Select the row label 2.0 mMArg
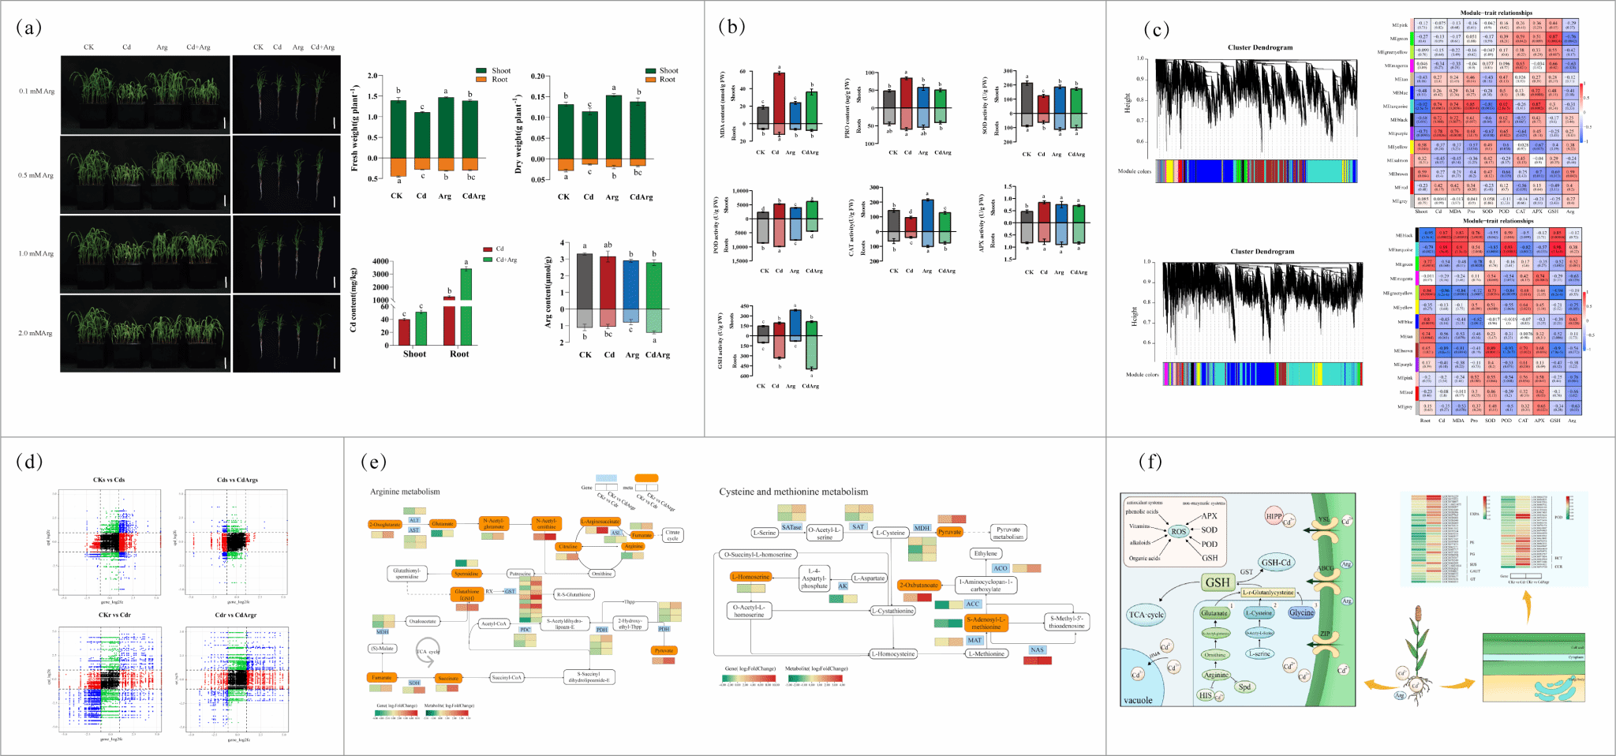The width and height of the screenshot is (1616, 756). (x=36, y=333)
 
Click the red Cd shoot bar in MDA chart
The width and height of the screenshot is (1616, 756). (x=779, y=98)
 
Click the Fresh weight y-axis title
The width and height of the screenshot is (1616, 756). (x=355, y=130)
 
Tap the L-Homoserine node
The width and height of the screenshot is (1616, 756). (x=750, y=577)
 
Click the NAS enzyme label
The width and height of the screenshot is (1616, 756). (x=1037, y=650)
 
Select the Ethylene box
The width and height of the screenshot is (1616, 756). (x=986, y=553)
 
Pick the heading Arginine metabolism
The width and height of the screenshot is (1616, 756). (x=405, y=492)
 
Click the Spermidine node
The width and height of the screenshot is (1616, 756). (x=466, y=574)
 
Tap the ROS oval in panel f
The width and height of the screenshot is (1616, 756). (x=1178, y=531)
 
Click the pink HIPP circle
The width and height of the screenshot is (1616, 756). (x=1274, y=517)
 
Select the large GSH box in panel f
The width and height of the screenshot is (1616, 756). (x=1218, y=582)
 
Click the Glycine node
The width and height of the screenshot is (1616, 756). (x=1301, y=612)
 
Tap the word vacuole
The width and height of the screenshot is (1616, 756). (x=1138, y=700)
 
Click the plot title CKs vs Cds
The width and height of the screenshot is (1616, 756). (x=109, y=480)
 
